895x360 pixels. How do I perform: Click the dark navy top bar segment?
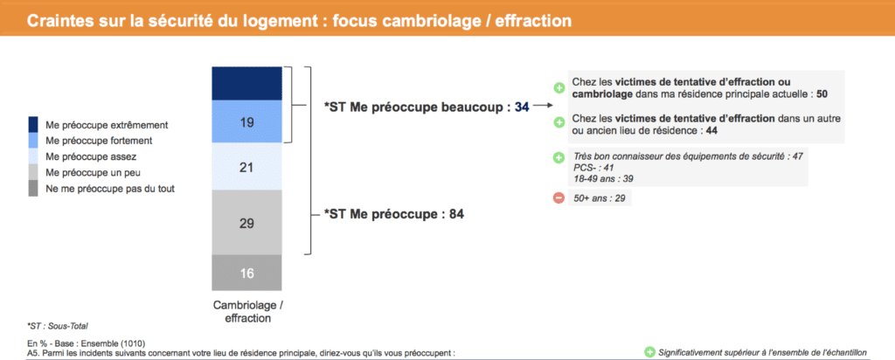pyautogui.click(x=246, y=83)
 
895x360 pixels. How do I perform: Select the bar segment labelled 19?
pyautogui.click(x=246, y=121)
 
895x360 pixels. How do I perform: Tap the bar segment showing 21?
pyautogui.click(x=246, y=166)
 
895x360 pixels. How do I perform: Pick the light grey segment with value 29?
pyautogui.click(x=246, y=223)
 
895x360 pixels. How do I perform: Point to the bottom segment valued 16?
pyautogui.click(x=246, y=273)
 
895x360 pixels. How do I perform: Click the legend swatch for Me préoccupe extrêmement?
pyautogui.click(x=34, y=124)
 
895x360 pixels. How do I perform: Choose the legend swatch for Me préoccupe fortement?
pyautogui.click(x=34, y=140)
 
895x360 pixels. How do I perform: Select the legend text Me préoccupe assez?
pyautogui.click(x=91, y=156)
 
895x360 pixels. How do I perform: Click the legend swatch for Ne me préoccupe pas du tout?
pyautogui.click(x=34, y=188)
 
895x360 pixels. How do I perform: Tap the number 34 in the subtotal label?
pyautogui.click(x=522, y=107)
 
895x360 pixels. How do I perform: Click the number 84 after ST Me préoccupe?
pyautogui.click(x=456, y=215)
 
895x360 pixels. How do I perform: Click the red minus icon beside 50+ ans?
pyautogui.click(x=559, y=198)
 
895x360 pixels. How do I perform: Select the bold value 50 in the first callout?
pyautogui.click(x=822, y=93)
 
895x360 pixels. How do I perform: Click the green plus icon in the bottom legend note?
pyautogui.click(x=649, y=352)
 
